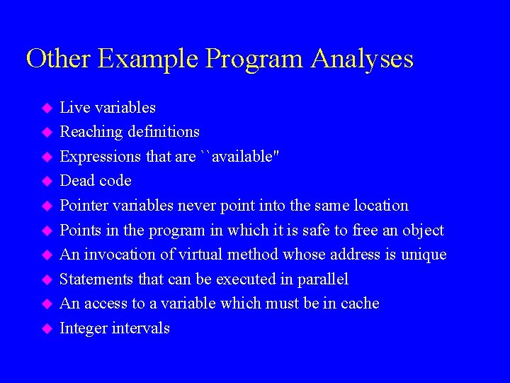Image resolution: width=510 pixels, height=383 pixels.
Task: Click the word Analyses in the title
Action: pos(361,58)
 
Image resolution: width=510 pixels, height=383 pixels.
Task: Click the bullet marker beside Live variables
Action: pos(47,108)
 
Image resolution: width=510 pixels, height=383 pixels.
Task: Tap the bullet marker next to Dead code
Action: pos(47,182)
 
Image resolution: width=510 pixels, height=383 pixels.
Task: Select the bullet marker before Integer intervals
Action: pos(47,328)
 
